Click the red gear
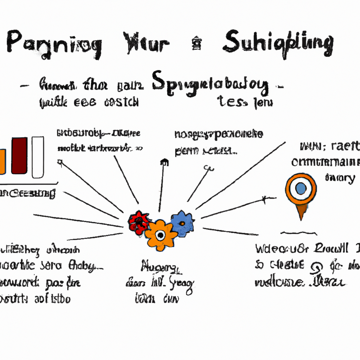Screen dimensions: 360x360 coord(139,223)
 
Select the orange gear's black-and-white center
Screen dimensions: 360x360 coord(160,234)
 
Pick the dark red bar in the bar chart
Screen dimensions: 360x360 coord(19,156)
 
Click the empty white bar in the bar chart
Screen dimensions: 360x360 coord(38,157)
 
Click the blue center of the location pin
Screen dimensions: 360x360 coord(301,188)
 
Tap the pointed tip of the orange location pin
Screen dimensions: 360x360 coord(301,219)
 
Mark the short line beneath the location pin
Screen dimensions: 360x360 coord(299,233)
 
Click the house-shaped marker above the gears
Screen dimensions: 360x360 coord(163,162)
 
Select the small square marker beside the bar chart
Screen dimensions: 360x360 coord(60,162)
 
